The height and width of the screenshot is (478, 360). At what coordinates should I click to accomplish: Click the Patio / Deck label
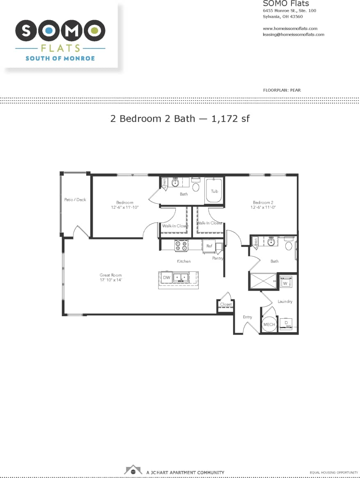click(75, 200)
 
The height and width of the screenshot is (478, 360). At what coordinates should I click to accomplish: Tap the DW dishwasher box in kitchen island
click(166, 278)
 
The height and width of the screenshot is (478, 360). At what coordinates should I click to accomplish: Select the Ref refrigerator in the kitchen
click(209, 246)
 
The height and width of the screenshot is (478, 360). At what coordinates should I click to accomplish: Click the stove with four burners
click(181, 246)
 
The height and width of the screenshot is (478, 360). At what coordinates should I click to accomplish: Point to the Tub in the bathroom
click(214, 191)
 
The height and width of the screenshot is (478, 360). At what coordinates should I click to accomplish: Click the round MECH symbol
click(269, 324)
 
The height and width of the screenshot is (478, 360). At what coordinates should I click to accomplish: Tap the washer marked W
click(285, 283)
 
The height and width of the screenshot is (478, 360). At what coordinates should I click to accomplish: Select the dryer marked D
click(286, 323)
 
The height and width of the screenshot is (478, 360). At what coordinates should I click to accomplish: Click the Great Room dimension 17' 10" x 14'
click(111, 280)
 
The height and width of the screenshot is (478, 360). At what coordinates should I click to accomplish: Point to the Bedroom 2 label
click(263, 202)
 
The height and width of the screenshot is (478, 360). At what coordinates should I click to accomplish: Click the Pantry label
click(218, 258)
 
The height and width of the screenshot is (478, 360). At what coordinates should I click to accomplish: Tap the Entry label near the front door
click(247, 317)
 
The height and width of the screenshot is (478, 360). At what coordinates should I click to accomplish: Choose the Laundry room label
click(285, 301)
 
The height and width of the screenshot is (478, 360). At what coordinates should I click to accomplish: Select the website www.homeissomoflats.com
click(290, 28)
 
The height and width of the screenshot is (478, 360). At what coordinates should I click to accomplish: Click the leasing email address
click(293, 34)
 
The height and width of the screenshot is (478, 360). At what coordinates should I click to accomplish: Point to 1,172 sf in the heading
click(231, 119)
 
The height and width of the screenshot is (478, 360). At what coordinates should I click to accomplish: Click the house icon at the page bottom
click(133, 470)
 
